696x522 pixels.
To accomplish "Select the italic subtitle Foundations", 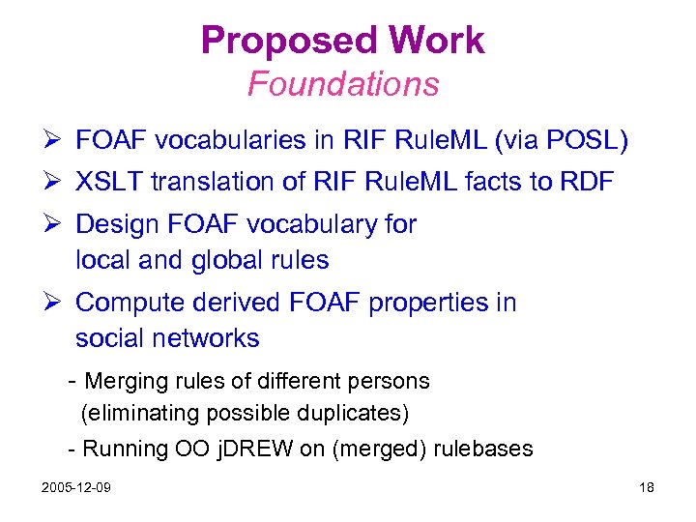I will tap(343, 84).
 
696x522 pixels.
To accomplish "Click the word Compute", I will tap(130, 303).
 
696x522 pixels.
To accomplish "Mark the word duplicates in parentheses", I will tap(352, 413).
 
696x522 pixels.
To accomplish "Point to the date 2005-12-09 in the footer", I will tap(75, 487).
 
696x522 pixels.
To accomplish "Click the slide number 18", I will tap(647, 487).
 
